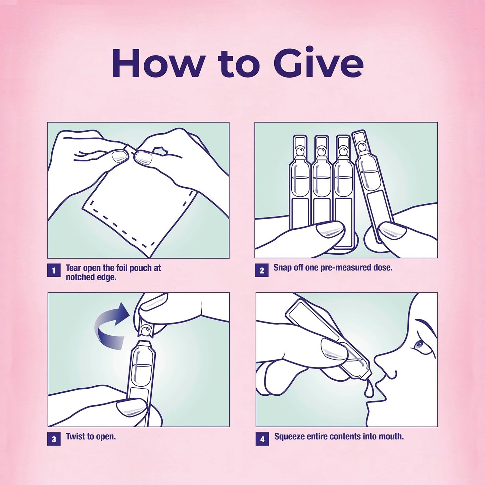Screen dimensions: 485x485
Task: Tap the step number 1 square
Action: pos(54,270)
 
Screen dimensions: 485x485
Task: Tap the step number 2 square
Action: pos(261,270)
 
